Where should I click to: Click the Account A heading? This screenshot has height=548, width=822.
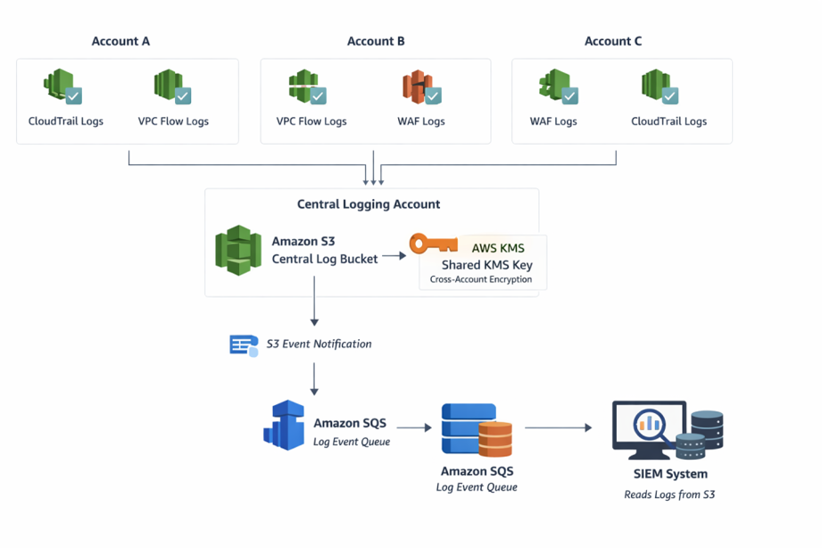(120, 41)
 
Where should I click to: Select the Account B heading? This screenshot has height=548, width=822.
(376, 41)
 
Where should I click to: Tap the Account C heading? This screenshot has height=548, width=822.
(612, 41)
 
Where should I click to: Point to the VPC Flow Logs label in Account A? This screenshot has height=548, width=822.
(173, 121)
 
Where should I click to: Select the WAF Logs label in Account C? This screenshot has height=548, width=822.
(553, 121)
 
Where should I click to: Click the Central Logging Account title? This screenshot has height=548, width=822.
(369, 204)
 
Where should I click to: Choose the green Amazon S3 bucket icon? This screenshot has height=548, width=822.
(238, 251)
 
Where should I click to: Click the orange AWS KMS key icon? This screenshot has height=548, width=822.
(433, 244)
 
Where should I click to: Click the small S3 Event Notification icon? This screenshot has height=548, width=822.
(244, 345)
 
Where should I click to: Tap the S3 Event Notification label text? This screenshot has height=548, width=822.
(319, 344)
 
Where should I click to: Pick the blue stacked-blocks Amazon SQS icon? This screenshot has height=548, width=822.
(285, 426)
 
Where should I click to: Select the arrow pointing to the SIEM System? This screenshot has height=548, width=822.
(559, 428)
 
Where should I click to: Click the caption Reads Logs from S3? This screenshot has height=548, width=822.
(669, 494)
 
